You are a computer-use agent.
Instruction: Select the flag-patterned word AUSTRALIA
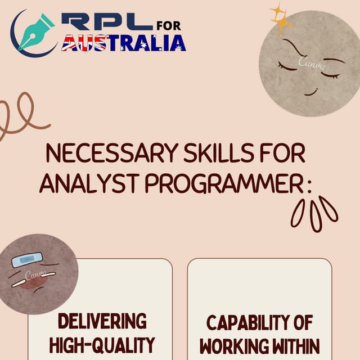[123, 43]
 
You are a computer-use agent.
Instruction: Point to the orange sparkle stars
[281, 20]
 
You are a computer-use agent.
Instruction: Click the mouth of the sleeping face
[311, 92]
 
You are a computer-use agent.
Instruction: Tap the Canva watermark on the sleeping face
[312, 62]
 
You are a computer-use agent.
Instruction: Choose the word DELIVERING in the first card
[102, 321]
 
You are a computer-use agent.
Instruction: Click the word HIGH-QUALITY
[102, 344]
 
